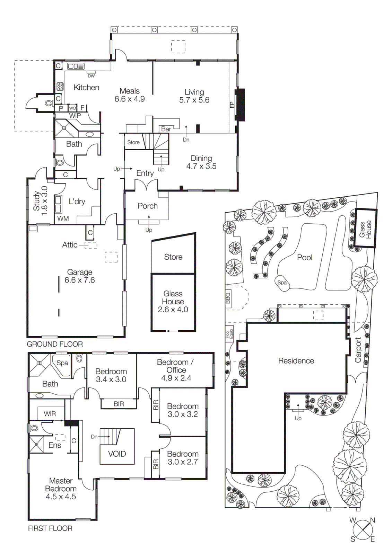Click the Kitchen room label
pyautogui.click(x=86, y=88)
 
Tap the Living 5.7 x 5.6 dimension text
pyautogui.click(x=194, y=100)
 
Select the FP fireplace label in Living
pyautogui.click(x=232, y=105)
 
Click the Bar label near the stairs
pyautogui.click(x=166, y=129)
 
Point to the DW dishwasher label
pyautogui.click(x=91, y=76)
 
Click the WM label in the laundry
pyautogui.click(x=63, y=218)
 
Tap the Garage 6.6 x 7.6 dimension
pyautogui.click(x=80, y=280)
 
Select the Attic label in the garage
pyautogui.click(x=70, y=245)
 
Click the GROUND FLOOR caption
pyautogui.click(x=55, y=344)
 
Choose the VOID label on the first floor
pyautogui.click(x=117, y=454)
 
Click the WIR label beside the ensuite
pyautogui.click(x=50, y=414)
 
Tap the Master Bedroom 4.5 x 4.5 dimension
pyautogui.click(x=61, y=497)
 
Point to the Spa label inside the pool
pyautogui.click(x=282, y=283)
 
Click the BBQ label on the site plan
pyautogui.click(x=228, y=298)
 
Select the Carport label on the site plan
pyautogui.click(x=358, y=350)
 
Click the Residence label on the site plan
pyautogui.click(x=296, y=361)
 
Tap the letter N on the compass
pyautogui.click(x=373, y=520)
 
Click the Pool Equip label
pyautogui.click(x=229, y=334)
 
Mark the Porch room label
pyautogui.click(x=148, y=206)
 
